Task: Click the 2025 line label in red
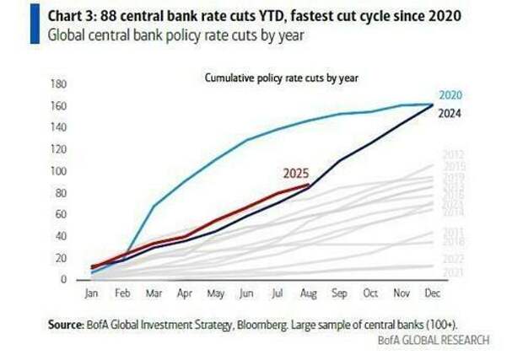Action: coord(296,175)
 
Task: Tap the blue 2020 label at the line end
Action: coord(450,95)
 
